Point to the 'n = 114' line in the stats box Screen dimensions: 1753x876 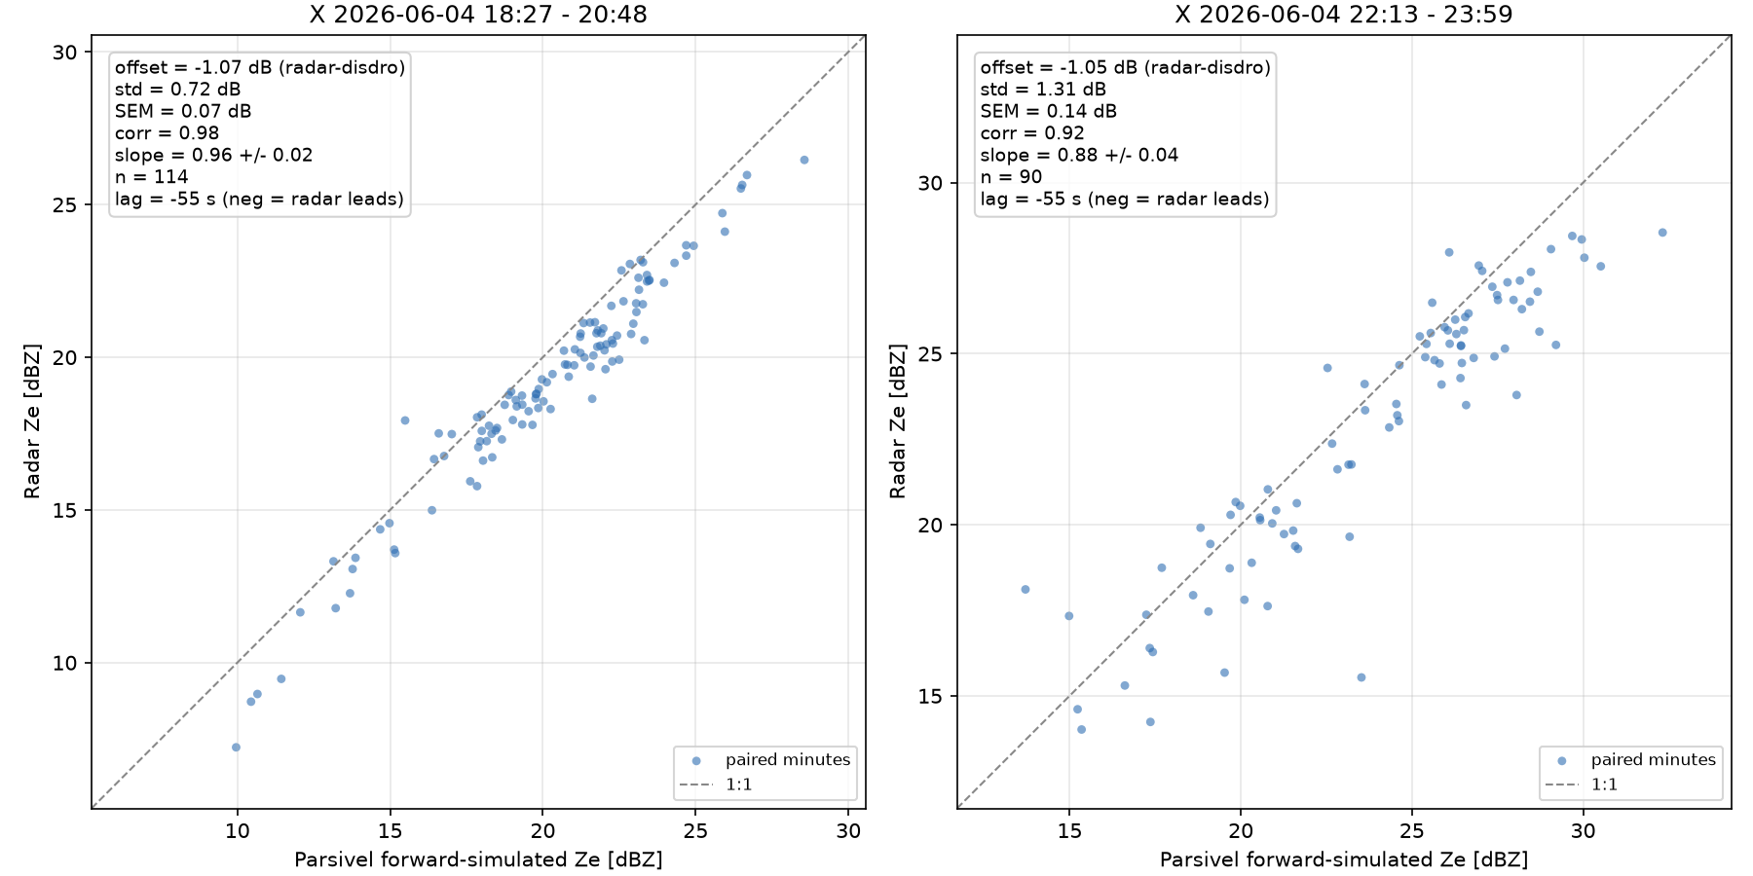[151, 177]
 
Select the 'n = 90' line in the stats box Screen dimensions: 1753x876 [1011, 177]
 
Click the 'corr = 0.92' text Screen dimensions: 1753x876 [1032, 133]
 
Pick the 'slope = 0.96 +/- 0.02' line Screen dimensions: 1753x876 [213, 155]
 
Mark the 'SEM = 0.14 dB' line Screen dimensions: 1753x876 [1049, 111]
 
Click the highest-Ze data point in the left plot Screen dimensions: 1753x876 [804, 160]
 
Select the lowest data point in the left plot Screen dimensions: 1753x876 [236, 748]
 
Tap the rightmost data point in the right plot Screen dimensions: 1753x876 [1662, 233]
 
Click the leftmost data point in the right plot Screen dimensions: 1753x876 [1025, 590]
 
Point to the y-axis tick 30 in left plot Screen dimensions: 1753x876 [66, 53]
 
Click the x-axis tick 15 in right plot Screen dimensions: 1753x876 [1069, 831]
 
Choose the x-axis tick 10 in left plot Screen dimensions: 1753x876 [237, 831]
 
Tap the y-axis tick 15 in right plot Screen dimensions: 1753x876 [931, 697]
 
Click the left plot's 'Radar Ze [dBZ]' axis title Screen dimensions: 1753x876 [33, 421]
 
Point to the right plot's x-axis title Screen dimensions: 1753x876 [1344, 860]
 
